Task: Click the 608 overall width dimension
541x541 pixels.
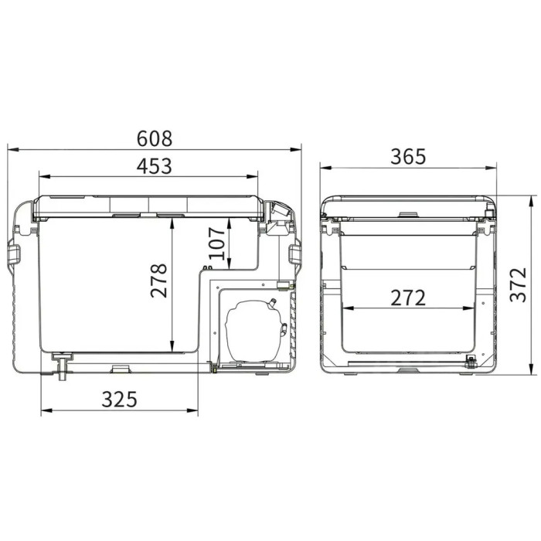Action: click(x=155, y=138)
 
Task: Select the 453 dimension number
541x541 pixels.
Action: click(x=155, y=166)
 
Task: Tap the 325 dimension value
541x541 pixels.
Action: click(x=119, y=400)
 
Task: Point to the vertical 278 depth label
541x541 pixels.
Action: click(x=158, y=281)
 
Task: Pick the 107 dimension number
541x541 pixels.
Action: click(x=217, y=243)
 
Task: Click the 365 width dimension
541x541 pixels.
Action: click(x=409, y=156)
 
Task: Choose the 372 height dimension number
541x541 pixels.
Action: click(x=519, y=284)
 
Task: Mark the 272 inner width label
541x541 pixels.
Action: click(x=408, y=298)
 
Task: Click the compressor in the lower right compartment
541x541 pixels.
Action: click(x=254, y=331)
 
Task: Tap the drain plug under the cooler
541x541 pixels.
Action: click(x=62, y=367)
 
